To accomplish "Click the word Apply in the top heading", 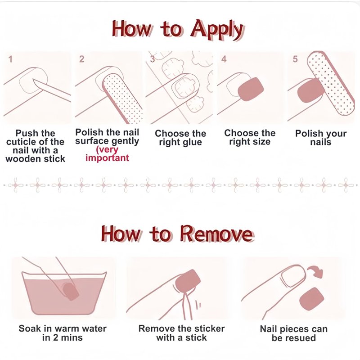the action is [x=217, y=30].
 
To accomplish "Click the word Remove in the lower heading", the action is [x=216, y=234].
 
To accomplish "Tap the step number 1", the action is [x=10, y=59].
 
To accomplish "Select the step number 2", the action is [x=82, y=59].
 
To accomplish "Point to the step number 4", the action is [x=224, y=59].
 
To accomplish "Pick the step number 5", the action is [x=295, y=59].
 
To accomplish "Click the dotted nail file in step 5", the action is [x=331, y=83].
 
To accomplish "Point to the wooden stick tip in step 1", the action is [x=34, y=80].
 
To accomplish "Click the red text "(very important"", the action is [x=107, y=154].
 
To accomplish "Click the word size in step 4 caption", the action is [x=261, y=142].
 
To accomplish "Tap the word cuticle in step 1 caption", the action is [x=21, y=142].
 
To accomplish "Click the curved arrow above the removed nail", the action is [x=315, y=272].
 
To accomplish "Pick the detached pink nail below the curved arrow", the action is [x=311, y=299].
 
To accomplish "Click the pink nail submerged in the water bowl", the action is [x=71, y=291].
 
